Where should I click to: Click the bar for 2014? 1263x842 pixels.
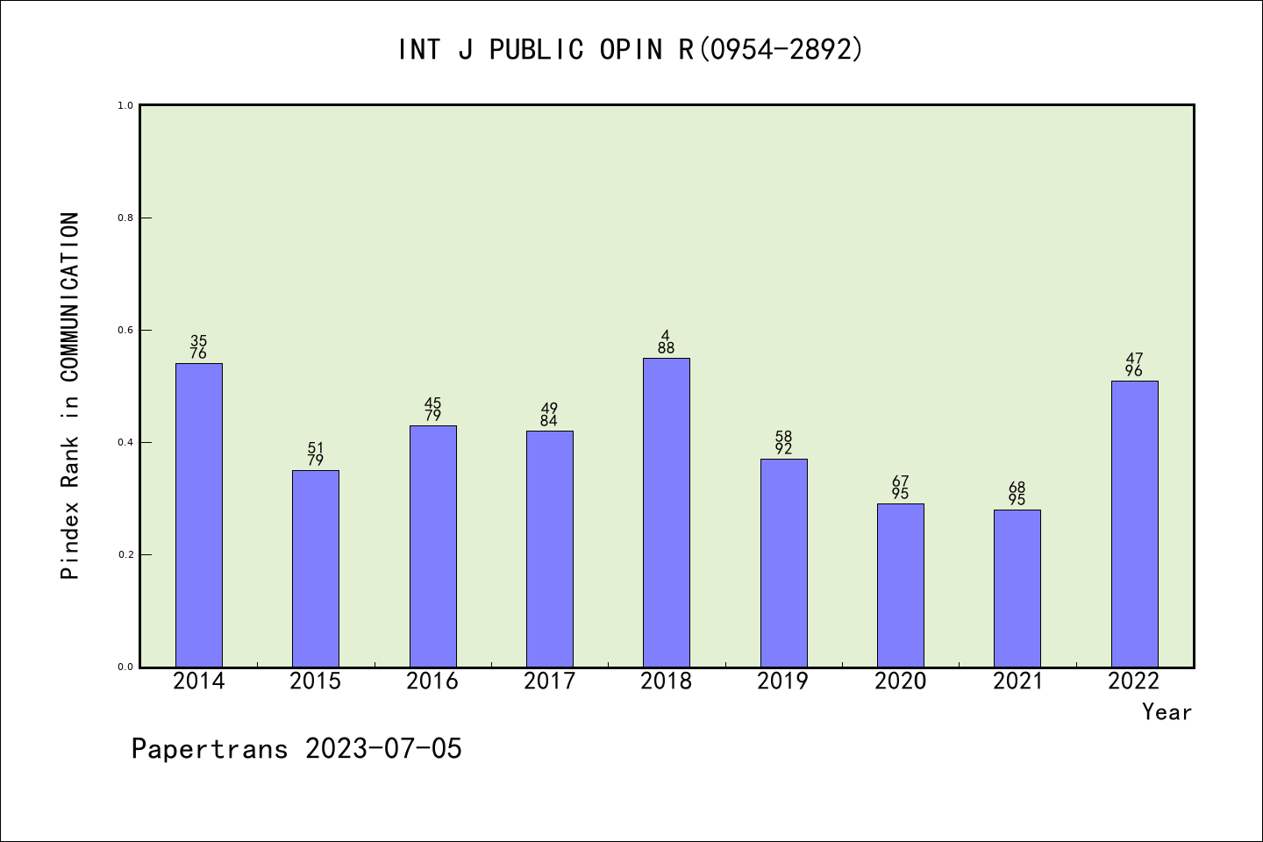coord(199,515)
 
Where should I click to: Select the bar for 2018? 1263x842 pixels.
coord(667,512)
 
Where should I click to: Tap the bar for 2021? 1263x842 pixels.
coord(1017,588)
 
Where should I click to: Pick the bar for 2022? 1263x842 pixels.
coord(1134,524)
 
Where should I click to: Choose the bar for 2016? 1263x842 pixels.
coord(433,546)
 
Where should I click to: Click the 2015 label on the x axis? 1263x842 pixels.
coord(316,681)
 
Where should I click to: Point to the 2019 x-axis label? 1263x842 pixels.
coord(783,681)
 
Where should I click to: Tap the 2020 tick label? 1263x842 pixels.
coord(900,681)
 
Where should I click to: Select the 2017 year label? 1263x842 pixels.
coord(549,681)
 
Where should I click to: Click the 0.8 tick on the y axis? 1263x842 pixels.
coord(125,218)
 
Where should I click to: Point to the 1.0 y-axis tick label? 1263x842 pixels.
coord(125,105)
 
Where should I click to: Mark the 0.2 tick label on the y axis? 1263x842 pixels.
coord(125,554)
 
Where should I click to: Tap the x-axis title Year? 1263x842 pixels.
coord(1167,712)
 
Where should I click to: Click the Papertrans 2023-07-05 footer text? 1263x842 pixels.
coord(296,749)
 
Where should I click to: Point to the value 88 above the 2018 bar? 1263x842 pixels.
coord(667,348)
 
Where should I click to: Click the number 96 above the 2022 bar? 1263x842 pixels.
coord(1134,371)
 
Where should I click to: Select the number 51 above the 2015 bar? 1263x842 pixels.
coord(316,448)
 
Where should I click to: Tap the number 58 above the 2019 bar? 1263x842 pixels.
coord(783,437)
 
